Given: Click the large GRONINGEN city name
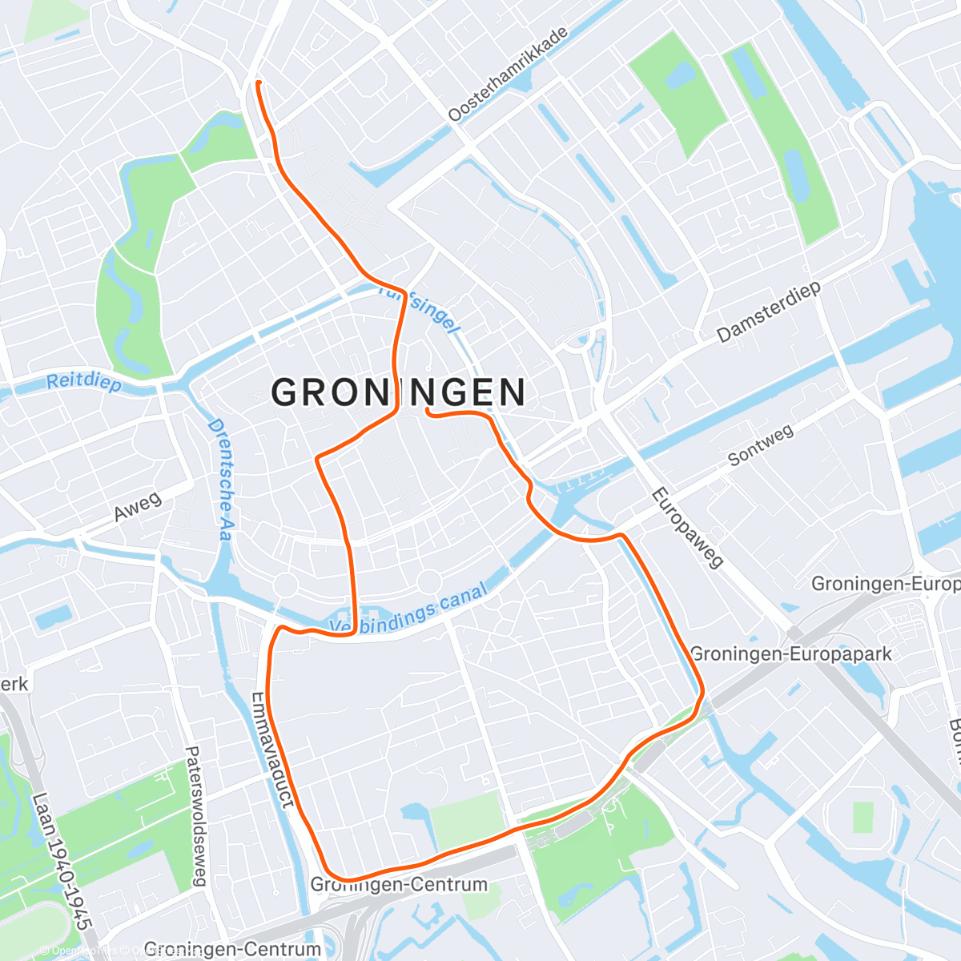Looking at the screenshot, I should click(x=398, y=392).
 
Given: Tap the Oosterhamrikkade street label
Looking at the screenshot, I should click(x=508, y=74).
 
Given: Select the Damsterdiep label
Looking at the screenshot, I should click(x=769, y=312).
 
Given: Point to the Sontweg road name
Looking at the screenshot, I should click(x=760, y=445).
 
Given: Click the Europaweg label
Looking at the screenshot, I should click(x=686, y=528).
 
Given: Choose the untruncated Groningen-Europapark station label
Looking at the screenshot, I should click(x=790, y=654).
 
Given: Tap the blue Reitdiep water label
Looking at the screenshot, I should click(x=83, y=383).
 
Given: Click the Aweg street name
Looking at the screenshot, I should click(x=137, y=507).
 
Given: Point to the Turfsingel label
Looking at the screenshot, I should click(x=420, y=309).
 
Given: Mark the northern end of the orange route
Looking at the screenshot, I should click(x=257, y=82).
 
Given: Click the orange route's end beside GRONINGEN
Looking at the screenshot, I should click(x=428, y=410).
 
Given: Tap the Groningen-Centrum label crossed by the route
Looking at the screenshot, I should click(x=398, y=884).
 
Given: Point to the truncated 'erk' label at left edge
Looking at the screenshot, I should click(x=14, y=683).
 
